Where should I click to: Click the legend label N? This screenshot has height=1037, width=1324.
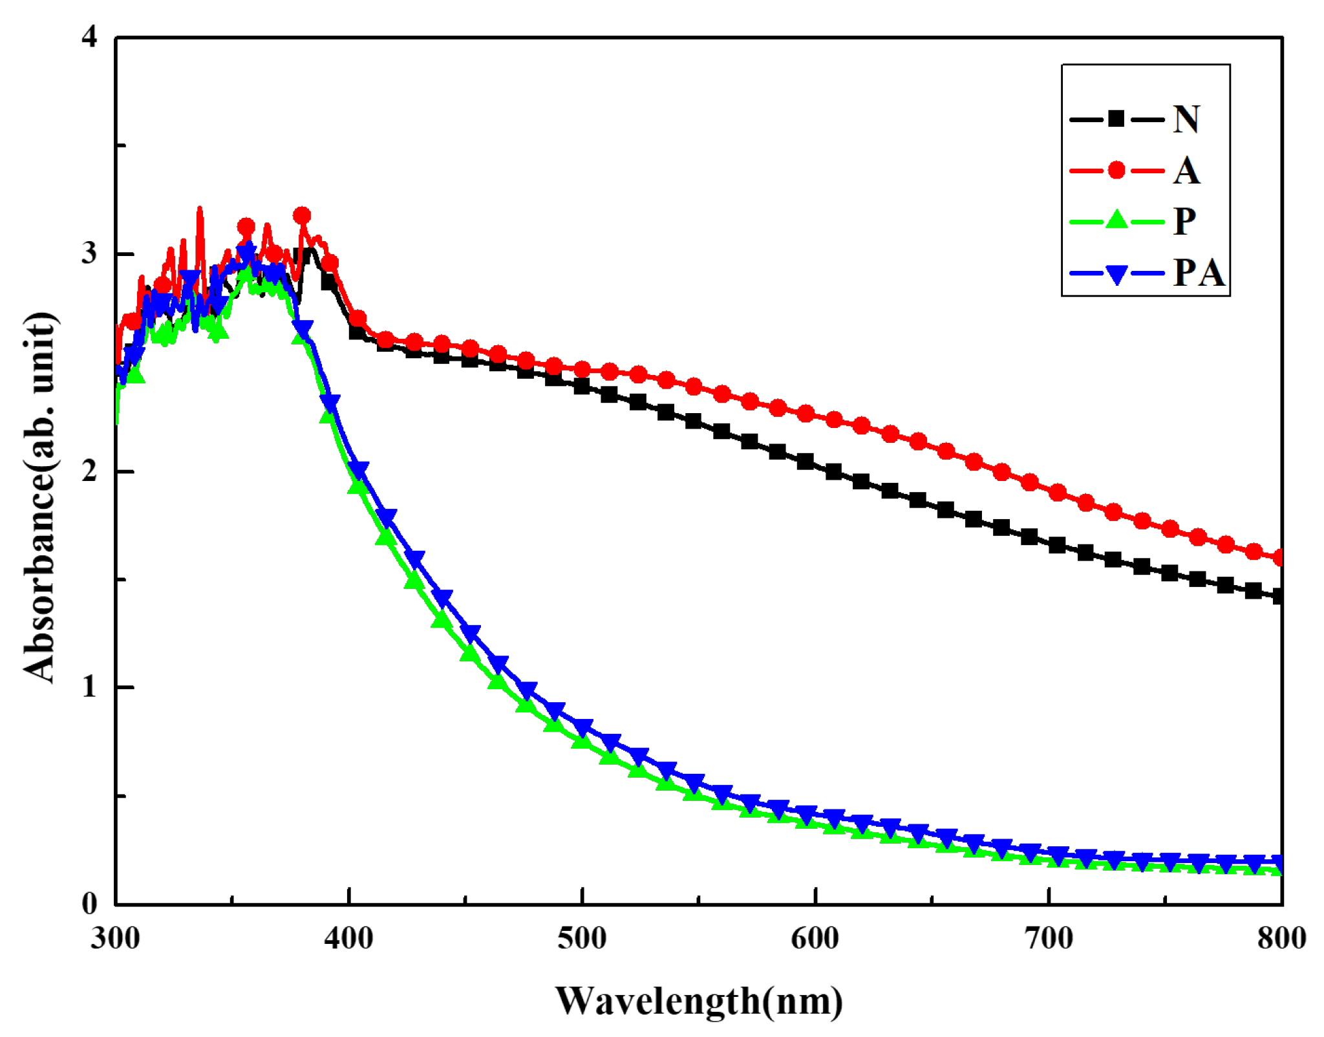(1186, 120)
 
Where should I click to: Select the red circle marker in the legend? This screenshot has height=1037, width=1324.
(1116, 171)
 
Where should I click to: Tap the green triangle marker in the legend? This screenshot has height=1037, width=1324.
(1116, 220)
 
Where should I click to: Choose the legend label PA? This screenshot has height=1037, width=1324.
(1199, 273)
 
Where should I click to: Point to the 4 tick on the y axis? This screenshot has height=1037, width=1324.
(89, 37)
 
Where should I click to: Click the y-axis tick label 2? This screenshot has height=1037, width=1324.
(89, 471)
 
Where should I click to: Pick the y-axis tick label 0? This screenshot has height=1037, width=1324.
(89, 904)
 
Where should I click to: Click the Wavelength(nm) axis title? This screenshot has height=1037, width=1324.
(699, 1001)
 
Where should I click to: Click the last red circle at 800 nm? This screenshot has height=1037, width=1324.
(1280, 557)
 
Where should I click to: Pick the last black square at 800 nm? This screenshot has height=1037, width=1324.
(1279, 596)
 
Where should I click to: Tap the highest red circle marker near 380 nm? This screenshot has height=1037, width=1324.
(302, 215)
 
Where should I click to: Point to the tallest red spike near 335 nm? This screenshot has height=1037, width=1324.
(200, 209)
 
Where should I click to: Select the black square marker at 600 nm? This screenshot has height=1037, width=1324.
(806, 462)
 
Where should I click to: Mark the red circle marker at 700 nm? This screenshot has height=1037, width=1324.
(1058, 493)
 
